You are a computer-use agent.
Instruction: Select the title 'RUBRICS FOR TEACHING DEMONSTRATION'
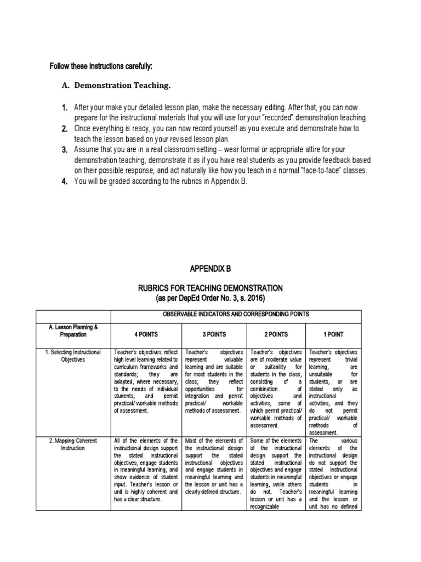(210, 288)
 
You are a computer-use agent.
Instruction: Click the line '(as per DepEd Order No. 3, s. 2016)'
(210, 298)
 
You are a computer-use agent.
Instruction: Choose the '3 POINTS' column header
(213, 334)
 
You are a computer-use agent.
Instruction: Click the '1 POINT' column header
(334, 334)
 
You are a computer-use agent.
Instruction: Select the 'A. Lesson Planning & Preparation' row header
(73, 330)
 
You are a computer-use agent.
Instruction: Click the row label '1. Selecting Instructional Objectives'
(73, 356)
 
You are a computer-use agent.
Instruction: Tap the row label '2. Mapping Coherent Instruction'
(73, 445)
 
